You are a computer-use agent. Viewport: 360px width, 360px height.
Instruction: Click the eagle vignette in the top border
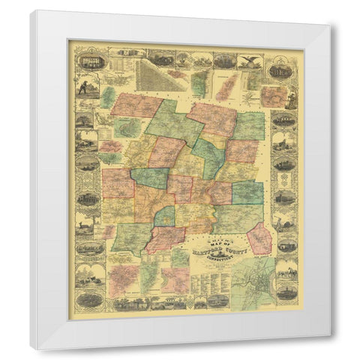[x=250, y=60]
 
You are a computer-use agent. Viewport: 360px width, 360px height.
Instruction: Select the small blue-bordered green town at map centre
[x=164, y=216]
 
